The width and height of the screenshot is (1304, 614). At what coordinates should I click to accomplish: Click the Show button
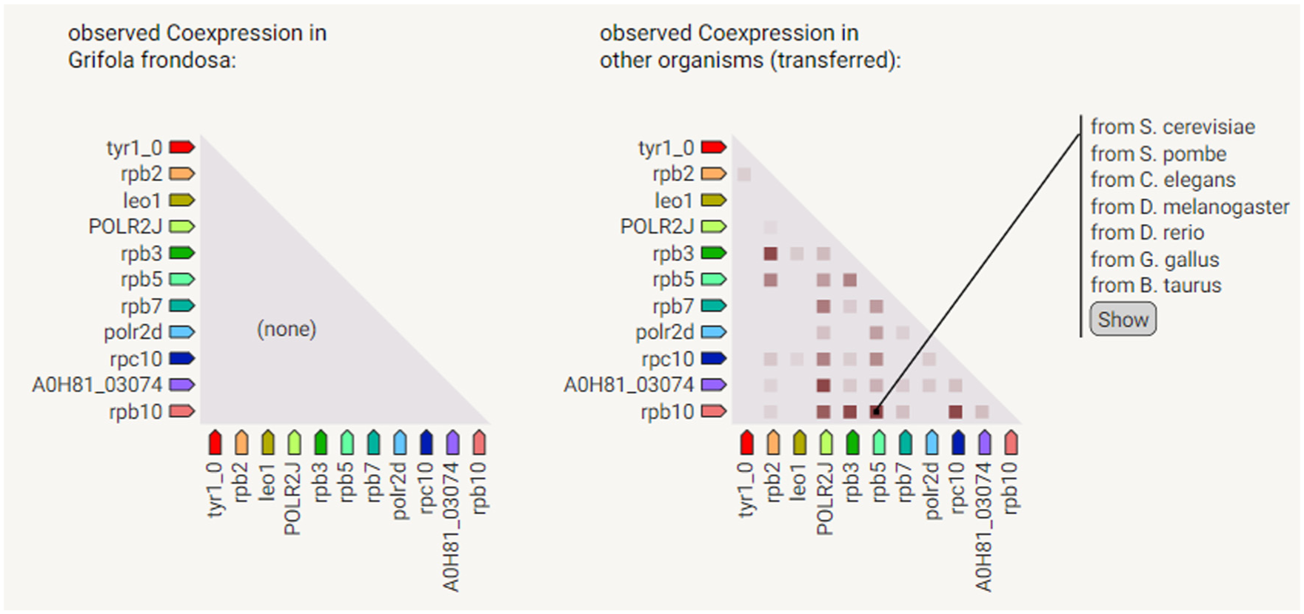tap(1122, 320)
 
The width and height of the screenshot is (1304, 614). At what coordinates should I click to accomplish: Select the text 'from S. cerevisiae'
tap(1172, 127)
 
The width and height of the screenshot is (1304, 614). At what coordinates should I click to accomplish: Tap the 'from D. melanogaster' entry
tap(1189, 207)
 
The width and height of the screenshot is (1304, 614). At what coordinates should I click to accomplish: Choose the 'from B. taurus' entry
tap(1155, 286)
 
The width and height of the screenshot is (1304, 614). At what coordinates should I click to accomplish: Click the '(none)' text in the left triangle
tap(287, 329)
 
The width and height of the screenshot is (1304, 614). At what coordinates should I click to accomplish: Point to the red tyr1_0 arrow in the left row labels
tap(181, 147)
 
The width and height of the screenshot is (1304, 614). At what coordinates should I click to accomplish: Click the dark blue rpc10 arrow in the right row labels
tap(713, 359)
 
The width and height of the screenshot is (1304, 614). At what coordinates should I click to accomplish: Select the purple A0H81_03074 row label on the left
tap(97, 385)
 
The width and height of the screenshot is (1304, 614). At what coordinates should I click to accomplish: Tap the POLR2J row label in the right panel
tap(657, 227)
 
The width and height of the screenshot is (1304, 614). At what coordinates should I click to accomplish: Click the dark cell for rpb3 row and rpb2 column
tap(771, 254)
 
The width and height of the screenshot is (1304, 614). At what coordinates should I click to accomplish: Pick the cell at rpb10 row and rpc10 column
tap(956, 412)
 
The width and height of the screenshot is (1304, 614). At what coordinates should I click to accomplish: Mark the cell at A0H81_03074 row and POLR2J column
tap(823, 385)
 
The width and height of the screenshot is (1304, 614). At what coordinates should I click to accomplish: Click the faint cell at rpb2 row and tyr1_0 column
tap(744, 175)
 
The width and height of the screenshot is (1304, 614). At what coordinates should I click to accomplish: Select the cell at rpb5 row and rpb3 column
tap(850, 280)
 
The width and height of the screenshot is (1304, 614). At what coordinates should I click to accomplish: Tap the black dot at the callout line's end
tap(877, 411)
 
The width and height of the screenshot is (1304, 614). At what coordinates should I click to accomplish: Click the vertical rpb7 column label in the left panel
tap(373, 482)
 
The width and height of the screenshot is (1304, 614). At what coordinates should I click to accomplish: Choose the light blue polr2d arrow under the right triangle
tap(931, 443)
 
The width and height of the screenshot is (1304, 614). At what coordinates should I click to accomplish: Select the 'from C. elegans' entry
tap(1163, 181)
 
